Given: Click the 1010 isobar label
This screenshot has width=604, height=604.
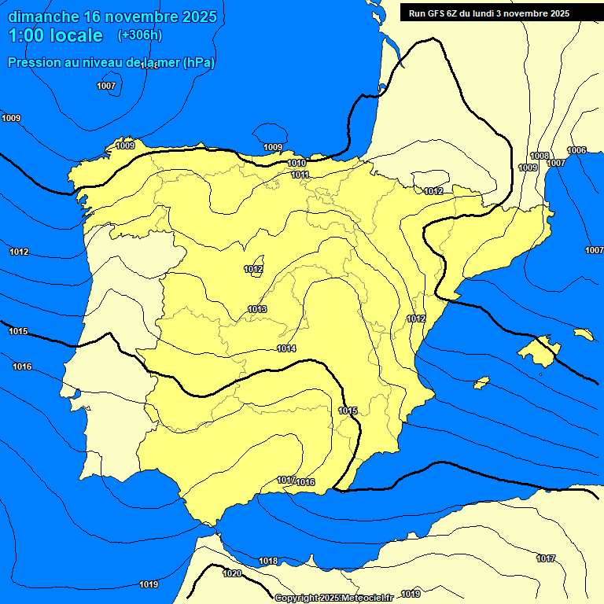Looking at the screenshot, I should pos(296,163).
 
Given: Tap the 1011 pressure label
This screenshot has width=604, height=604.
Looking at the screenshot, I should pos(300,175).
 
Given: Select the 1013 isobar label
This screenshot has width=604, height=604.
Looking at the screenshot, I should pos(257,309).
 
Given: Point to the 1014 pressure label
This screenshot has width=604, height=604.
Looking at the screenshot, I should pos(286,348).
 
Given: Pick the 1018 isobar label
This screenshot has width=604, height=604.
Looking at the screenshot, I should pos(268,561).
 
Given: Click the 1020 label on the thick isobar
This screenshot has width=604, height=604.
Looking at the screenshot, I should pos(232,573).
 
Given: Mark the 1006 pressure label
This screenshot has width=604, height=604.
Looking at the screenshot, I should pos(576,150).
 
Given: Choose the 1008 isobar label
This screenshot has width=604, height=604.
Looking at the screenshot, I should pos(540,156).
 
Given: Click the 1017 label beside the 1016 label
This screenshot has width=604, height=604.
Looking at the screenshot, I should pos(285,480).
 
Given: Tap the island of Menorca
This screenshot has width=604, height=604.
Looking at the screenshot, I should pos(583,334).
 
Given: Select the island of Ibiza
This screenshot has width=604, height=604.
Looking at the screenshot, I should pos(484,381).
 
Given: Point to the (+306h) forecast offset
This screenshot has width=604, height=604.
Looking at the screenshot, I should pos(140,35).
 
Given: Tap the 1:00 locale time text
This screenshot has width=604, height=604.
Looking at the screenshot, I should pos(55,35).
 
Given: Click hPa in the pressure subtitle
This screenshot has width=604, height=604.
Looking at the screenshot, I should pos(198,62).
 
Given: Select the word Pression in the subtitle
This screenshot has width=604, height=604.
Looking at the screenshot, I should pos(33,62).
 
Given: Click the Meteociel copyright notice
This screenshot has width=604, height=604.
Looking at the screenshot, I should pos(333,598).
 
